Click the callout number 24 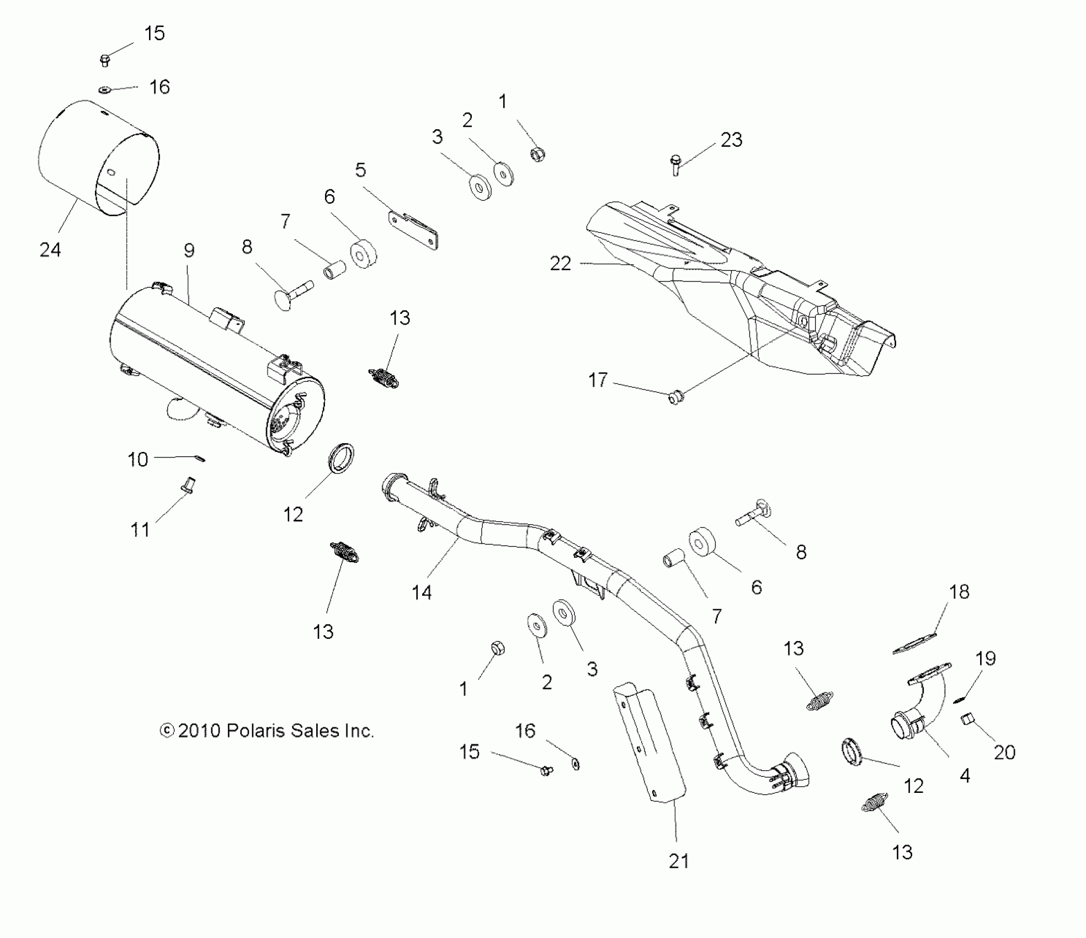(50, 250)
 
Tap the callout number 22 (560, 264)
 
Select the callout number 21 (679, 861)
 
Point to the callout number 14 (422, 593)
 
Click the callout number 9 (189, 251)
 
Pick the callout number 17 (598, 380)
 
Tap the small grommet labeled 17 (674, 396)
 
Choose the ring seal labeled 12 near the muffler (342, 457)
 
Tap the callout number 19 (986, 658)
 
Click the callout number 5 (360, 170)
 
